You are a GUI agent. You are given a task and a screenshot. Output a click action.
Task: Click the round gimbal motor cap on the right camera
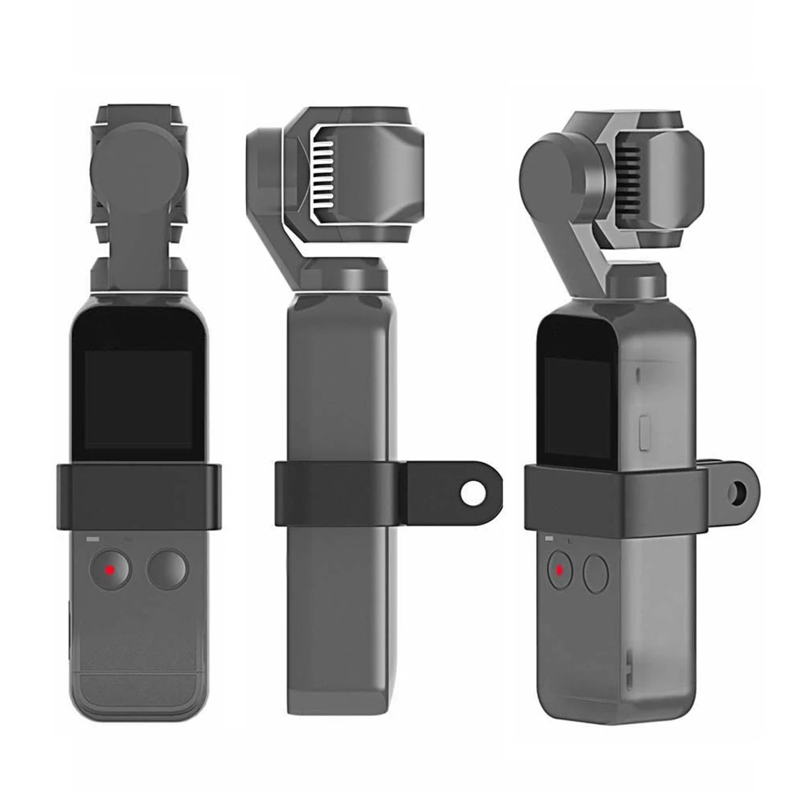pos(554,164)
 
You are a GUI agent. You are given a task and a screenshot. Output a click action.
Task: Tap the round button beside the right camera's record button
pos(596,572)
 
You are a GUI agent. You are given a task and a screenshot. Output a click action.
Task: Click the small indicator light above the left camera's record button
pos(92,539)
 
